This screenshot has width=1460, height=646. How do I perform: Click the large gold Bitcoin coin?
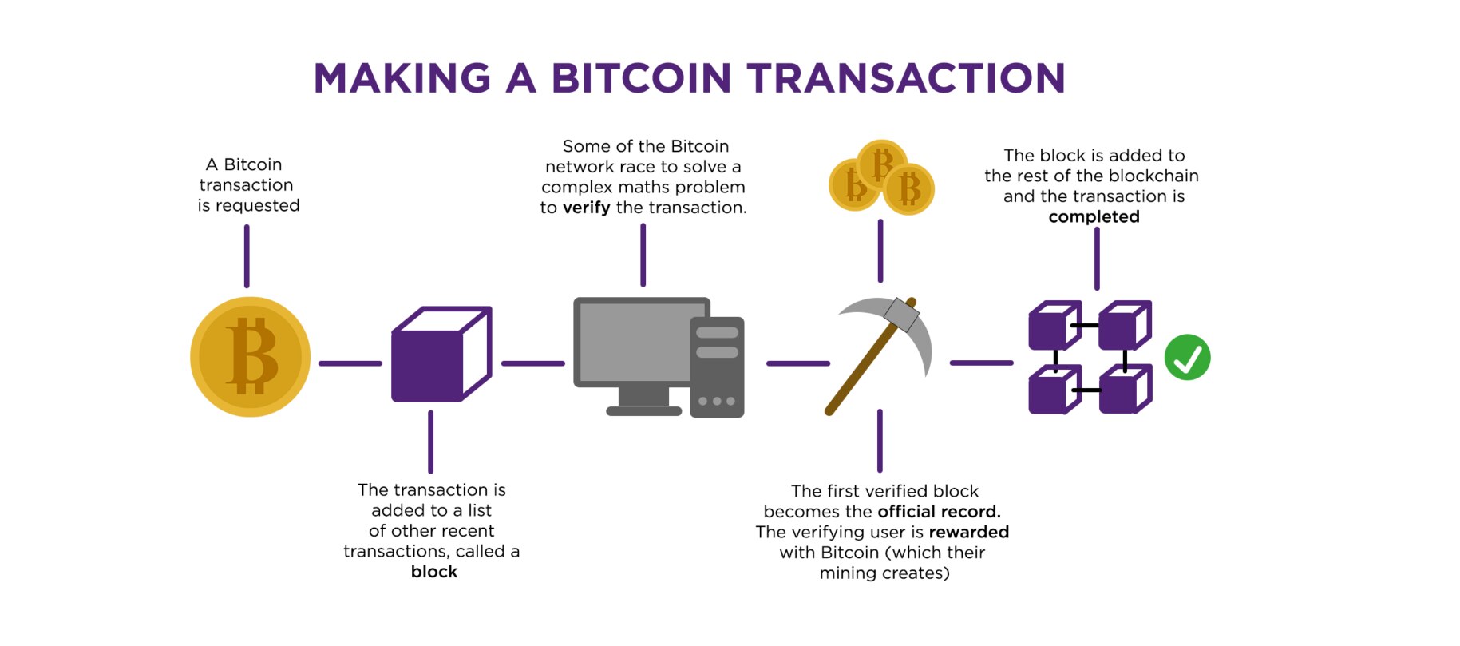coord(250,357)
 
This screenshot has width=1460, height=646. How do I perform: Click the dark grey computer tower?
coord(717,367)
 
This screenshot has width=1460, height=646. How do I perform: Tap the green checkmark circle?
coord(1187,357)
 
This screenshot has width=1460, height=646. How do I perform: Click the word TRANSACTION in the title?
coord(906,78)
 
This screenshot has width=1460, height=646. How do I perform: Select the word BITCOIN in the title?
coord(641,78)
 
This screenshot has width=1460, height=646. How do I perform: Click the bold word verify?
coord(587,208)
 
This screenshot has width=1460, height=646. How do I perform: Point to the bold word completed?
coord(1094,217)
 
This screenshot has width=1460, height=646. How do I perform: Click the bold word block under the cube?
coord(434,572)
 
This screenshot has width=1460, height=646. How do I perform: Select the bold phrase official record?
coord(939,512)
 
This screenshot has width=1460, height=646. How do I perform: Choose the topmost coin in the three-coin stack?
coord(881,162)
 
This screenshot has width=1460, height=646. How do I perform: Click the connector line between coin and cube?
coord(350,363)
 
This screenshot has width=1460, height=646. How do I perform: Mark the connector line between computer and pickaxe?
coord(797,363)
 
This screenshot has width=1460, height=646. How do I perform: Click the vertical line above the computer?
coord(643,255)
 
